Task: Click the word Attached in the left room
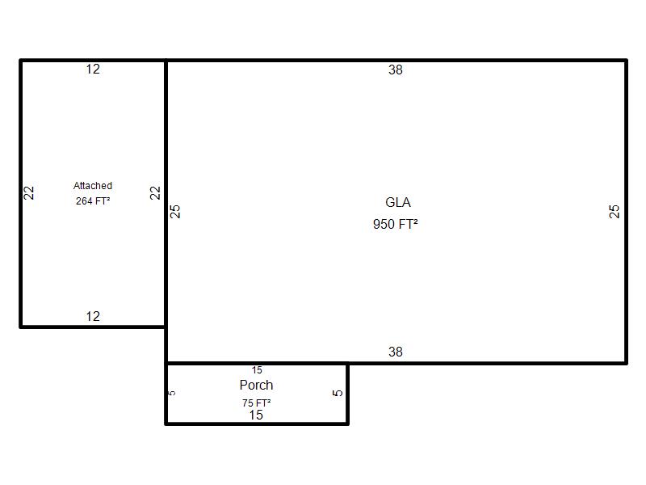coord(93,186)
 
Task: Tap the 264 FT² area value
coord(93,200)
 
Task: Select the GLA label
coord(398,203)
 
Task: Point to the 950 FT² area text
coord(396,224)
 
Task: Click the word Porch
coord(256,385)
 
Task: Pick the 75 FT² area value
coord(256,403)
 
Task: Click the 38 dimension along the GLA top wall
coord(396,70)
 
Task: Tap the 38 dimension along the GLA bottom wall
coord(396,352)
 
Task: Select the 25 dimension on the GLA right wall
coord(614,212)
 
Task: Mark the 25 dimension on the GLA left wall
coord(175,212)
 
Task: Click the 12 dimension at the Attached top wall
coord(93,69)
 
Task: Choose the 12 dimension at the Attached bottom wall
coord(93,316)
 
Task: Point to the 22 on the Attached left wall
coord(28,193)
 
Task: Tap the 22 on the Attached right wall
coord(155,193)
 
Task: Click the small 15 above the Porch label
coord(257,370)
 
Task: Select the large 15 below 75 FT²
coord(256,415)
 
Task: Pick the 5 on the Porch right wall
coord(338,393)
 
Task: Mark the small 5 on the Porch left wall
coord(173,393)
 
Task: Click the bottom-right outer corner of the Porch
coord(348,424)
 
